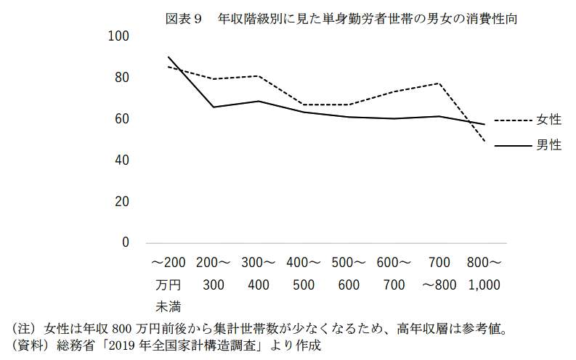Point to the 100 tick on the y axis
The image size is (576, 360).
click(x=118, y=36)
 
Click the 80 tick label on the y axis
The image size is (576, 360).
click(x=121, y=78)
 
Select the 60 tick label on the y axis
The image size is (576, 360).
click(x=121, y=119)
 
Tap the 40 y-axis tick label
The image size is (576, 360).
click(x=121, y=160)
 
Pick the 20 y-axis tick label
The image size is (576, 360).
click(x=121, y=202)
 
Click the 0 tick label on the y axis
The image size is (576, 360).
click(x=125, y=242)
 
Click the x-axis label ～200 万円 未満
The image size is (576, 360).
click(x=169, y=283)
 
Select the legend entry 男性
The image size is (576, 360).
click(x=549, y=146)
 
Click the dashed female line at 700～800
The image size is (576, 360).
click(x=439, y=83)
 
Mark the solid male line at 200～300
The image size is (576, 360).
click(x=214, y=107)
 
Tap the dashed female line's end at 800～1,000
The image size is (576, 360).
click(x=484, y=142)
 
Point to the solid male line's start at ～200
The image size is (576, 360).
click(x=169, y=57)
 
